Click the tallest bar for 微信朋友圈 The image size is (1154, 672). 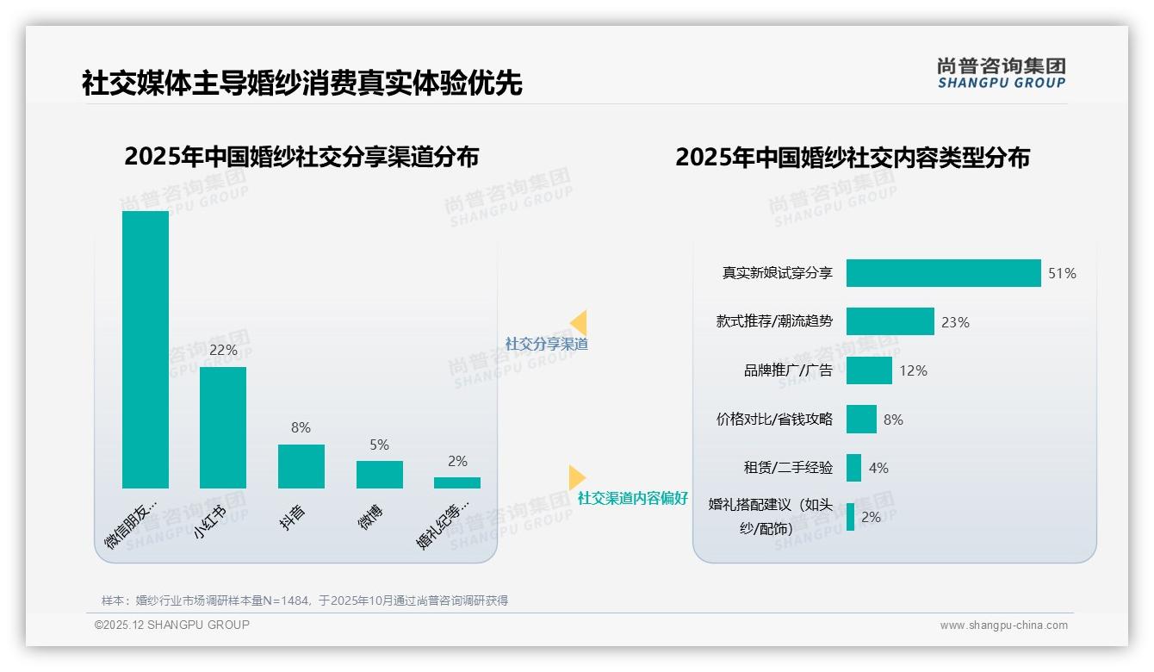coord(146,349)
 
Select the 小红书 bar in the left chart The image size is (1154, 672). coord(223,427)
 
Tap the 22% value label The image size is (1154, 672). coord(223,351)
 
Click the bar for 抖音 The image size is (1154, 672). coord(301,466)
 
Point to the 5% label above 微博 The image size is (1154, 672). coord(379,445)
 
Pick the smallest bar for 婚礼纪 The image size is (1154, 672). coord(457,482)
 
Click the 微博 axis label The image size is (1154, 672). coord(371,517)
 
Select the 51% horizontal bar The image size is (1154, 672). coord(943,273)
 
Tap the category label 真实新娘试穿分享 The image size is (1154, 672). coord(777,273)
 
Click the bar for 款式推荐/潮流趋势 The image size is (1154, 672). coord(890,321)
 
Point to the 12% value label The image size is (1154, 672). coord(913,370)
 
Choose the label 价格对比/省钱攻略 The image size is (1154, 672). coord(774,420)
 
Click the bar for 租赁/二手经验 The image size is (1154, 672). coord(853,468)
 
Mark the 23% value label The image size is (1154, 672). coord(955,322)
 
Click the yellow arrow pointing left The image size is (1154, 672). coord(579,322)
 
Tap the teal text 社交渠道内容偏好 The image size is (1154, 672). coord(632,498)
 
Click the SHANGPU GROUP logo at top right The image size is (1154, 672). coord(1001,73)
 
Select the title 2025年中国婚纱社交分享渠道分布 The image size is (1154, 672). coord(301,157)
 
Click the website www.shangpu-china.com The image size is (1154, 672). coord(1003,625)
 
